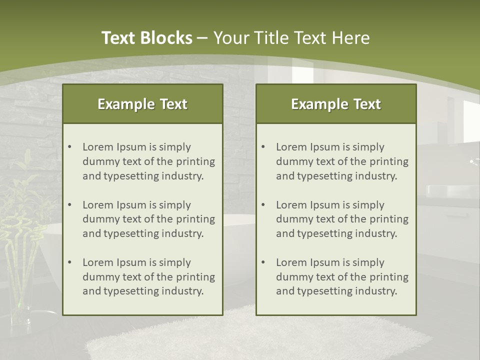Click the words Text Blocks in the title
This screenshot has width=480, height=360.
click(146, 38)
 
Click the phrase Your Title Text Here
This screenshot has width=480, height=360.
click(291, 38)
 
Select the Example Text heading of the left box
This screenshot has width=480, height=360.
click(142, 104)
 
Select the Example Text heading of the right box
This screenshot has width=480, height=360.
click(336, 104)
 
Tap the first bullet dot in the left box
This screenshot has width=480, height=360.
click(69, 147)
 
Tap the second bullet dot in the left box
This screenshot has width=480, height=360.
click(69, 205)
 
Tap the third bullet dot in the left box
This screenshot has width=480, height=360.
click(69, 262)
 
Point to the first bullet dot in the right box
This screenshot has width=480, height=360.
click(263, 147)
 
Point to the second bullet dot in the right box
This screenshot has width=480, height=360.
click(263, 205)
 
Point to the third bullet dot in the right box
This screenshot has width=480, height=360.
click(263, 262)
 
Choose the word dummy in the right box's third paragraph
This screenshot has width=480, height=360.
click(293, 277)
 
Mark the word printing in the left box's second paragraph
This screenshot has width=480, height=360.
click(194, 219)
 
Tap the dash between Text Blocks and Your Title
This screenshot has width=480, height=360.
click(202, 38)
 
